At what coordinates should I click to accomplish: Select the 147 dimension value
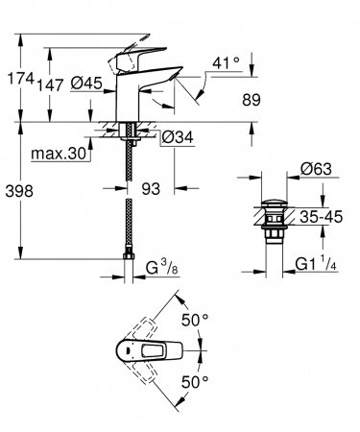(51, 84)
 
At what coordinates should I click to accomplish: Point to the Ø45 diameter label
(86, 84)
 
